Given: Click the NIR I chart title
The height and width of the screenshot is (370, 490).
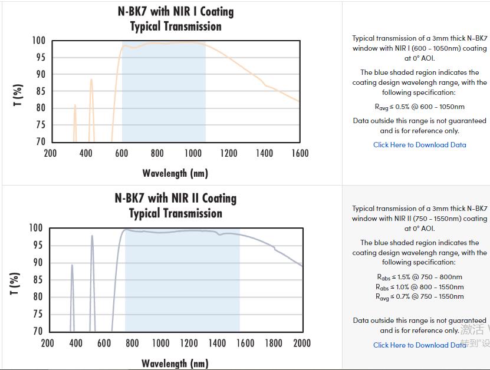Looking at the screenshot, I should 175,19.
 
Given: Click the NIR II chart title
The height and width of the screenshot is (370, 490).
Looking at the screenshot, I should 175,206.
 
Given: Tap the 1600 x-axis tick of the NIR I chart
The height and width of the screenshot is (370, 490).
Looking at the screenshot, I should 300,154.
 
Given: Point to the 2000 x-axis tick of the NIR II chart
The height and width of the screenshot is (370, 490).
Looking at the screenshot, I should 301,343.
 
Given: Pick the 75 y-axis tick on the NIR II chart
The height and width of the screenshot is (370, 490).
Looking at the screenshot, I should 37,315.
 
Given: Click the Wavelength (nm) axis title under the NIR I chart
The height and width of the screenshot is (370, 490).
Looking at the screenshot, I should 175,173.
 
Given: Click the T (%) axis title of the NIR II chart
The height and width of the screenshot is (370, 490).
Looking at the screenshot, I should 16,284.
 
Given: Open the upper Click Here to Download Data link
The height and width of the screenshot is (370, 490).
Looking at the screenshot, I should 419,145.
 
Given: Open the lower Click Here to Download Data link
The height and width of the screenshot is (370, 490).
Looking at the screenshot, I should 419,345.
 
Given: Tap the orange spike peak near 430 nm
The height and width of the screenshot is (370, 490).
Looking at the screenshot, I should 91,80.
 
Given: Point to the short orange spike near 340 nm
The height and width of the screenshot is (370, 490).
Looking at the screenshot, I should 75,105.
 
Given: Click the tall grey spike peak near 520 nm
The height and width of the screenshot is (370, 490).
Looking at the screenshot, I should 92,236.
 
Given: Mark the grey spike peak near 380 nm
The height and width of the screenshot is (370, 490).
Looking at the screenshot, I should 72,265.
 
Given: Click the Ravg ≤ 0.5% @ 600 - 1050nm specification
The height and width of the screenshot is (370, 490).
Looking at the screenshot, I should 419,107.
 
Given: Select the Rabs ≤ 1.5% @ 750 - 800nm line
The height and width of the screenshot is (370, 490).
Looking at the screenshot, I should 419,277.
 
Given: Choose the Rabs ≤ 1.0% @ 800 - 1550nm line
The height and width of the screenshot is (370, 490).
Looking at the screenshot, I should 419,287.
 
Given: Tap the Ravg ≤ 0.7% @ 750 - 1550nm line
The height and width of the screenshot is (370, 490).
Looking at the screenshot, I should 419,297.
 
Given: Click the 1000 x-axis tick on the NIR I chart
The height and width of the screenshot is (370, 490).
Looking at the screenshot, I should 193,154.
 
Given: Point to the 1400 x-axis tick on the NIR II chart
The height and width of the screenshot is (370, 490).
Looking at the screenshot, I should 217,343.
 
